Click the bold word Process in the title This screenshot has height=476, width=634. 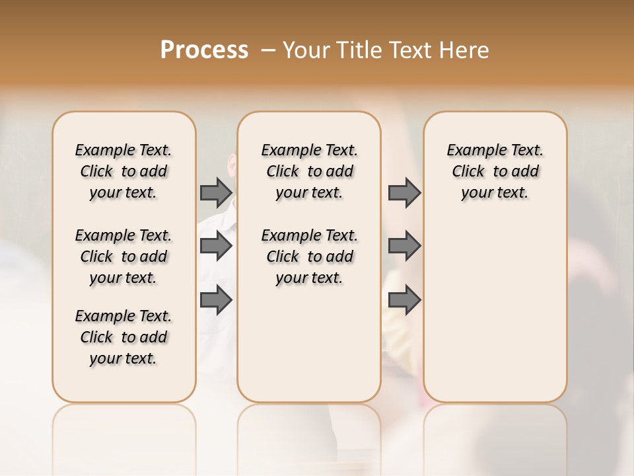coord(204,50)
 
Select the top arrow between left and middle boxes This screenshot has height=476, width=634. coord(216,192)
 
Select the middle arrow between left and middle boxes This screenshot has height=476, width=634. coord(216,246)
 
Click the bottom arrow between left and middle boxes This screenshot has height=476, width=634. coord(216,300)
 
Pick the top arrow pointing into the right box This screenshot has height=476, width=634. coord(404,192)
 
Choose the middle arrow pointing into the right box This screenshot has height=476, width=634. coord(404,246)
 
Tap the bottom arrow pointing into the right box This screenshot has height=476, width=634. coord(404,300)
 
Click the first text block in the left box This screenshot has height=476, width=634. coord(123,171)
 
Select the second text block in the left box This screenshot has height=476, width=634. coord(123,257)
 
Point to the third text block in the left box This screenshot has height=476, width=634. coord(123,337)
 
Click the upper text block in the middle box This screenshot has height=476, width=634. coord(309,171)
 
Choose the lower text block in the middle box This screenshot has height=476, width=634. coord(309,257)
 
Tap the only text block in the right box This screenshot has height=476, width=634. coord(495,171)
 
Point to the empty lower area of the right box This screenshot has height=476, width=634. coord(495,311)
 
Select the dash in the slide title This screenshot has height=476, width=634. coord(269,50)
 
